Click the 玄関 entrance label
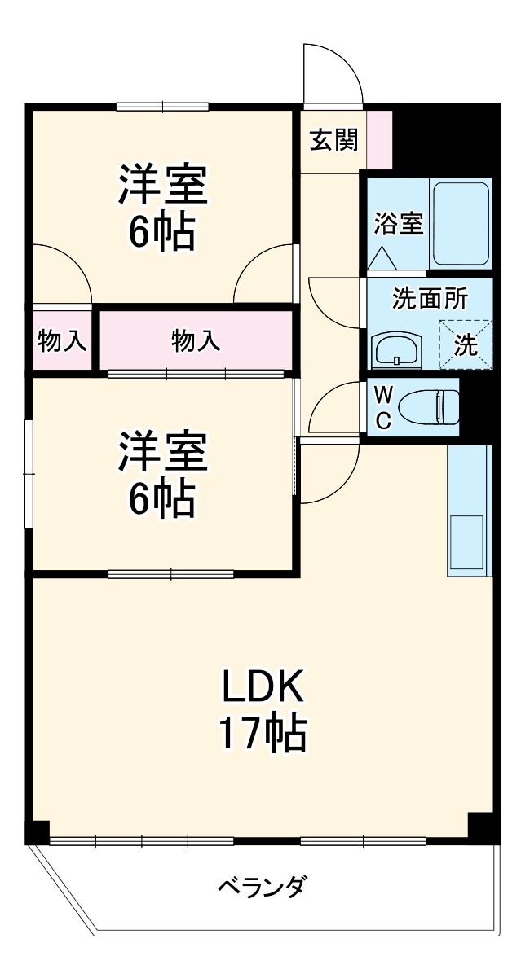tap(333, 141)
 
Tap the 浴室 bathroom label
tap(399, 223)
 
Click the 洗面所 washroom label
tap(430, 299)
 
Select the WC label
tap(383, 407)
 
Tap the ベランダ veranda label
tap(262, 886)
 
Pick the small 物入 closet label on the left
tap(62, 340)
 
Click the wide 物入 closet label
tap(196, 340)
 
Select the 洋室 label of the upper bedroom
tap(162, 186)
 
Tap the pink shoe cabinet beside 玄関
tap(379, 139)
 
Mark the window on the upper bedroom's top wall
tap(162, 106)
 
